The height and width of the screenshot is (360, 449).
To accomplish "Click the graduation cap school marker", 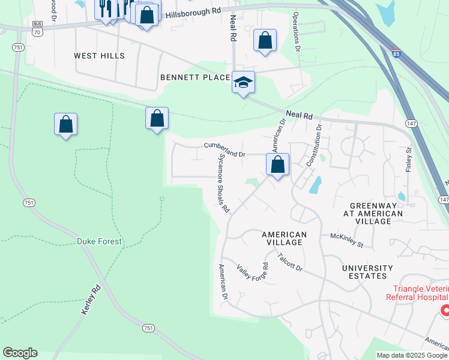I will click(244, 82).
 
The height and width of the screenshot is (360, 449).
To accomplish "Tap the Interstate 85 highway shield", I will click(396, 54).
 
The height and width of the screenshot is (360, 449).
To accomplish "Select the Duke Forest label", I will click(99, 241).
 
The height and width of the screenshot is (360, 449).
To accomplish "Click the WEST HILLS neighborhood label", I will click(99, 56).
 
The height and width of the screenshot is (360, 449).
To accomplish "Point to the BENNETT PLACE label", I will click(195, 77).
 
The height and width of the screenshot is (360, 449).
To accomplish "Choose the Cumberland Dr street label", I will click(225, 149).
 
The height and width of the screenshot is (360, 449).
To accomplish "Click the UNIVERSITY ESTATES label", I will click(373, 272).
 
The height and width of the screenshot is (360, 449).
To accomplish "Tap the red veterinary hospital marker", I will click(445, 310).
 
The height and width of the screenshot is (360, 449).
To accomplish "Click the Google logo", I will click(20, 353).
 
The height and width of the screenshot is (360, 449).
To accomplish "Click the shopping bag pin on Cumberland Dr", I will click(277, 164).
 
